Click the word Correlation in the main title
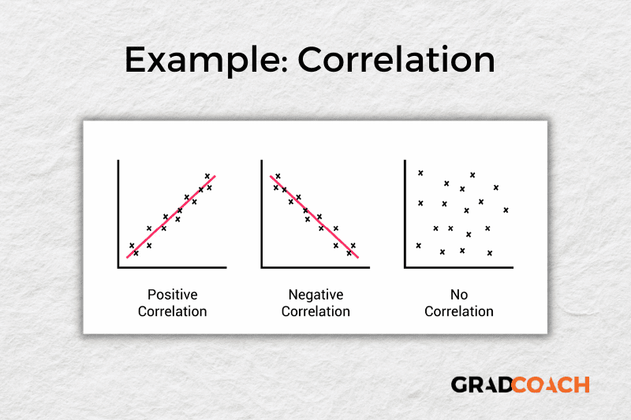click(x=395, y=61)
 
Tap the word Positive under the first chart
click(x=172, y=295)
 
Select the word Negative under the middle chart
click(x=315, y=295)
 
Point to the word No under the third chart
click(x=459, y=295)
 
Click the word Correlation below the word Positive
click(x=172, y=311)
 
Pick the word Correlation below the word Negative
click(x=315, y=311)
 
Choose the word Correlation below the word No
click(x=459, y=311)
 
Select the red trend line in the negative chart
click(x=314, y=217)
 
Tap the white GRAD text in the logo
click(x=480, y=385)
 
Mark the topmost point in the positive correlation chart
click(x=207, y=176)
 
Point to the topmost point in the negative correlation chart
click(x=278, y=176)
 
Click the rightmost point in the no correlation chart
click(x=506, y=210)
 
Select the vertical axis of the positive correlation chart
click(x=118, y=213)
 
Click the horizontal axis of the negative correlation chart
click(x=315, y=267)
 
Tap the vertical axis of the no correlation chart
click(x=405, y=213)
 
